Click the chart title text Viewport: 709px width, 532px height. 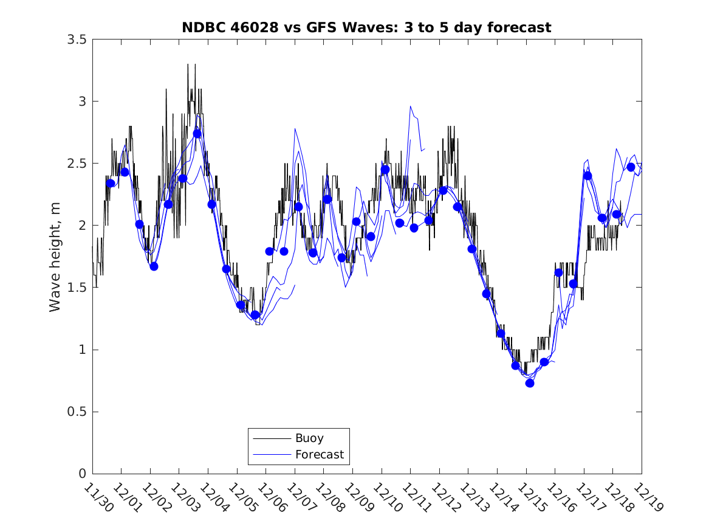[366, 27]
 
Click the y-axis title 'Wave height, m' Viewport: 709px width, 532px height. [55, 257]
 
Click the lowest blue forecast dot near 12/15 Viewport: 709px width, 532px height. [530, 383]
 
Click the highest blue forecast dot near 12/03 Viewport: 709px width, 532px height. [197, 134]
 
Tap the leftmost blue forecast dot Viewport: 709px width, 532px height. [111, 183]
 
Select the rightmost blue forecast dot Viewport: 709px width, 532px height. [631, 167]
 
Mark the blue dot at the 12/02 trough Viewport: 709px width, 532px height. [154, 266]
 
